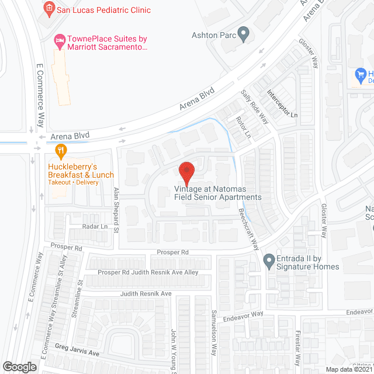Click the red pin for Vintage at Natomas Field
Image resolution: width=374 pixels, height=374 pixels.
(186, 172)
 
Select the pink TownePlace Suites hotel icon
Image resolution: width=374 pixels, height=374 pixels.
(58, 40)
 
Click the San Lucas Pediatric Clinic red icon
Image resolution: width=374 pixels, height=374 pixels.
(50, 9)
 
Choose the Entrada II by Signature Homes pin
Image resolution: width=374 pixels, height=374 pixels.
(269, 260)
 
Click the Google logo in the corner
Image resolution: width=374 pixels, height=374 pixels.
(19, 367)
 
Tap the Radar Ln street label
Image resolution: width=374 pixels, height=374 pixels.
(96, 227)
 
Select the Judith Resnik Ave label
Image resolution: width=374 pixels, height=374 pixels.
(146, 294)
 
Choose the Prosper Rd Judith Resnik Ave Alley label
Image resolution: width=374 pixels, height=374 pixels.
(148, 272)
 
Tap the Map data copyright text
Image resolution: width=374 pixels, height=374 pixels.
(348, 369)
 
